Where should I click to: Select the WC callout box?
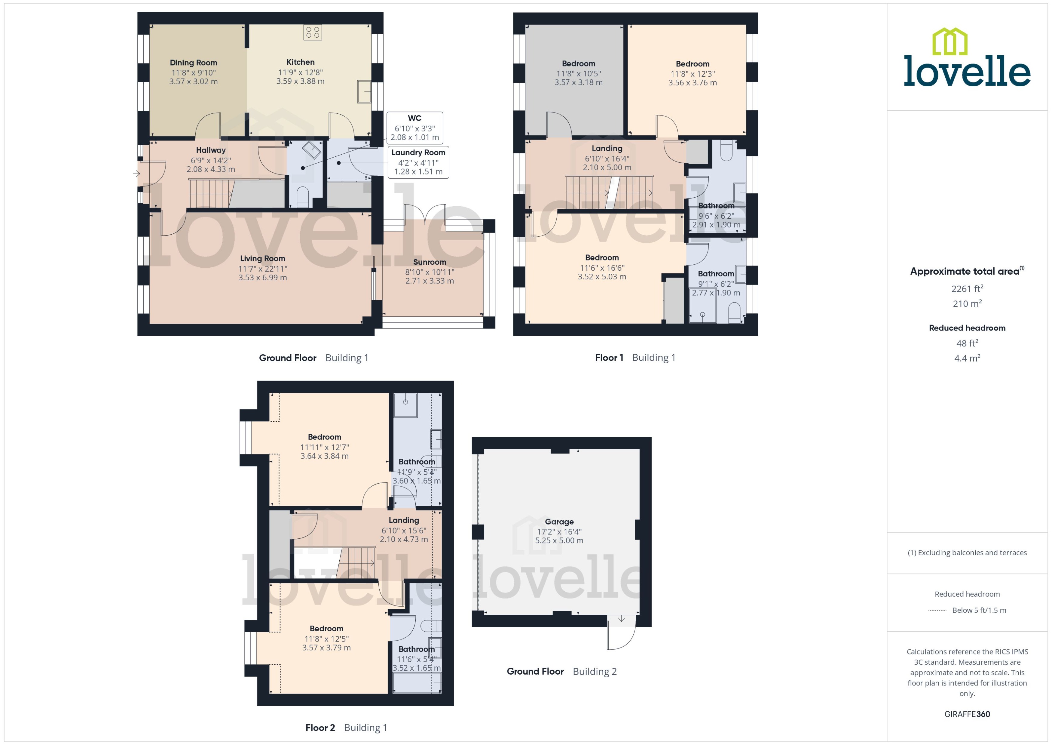414,128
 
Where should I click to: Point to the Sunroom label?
430,262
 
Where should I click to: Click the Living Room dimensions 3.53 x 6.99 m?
263,278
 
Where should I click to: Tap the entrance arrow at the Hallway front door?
136,174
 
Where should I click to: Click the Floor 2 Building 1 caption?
346,728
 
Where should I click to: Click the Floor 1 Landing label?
607,149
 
